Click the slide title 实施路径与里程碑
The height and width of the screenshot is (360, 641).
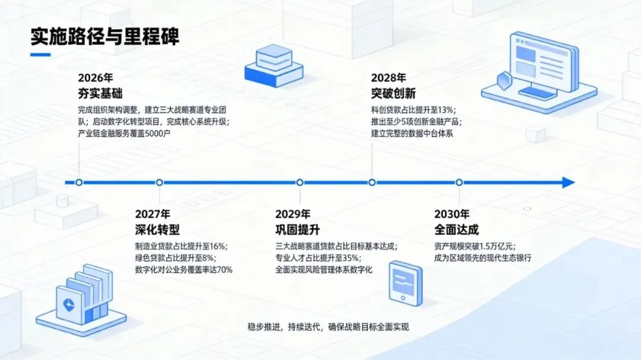105,36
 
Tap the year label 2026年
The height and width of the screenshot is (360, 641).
95,78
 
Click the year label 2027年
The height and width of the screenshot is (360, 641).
153,214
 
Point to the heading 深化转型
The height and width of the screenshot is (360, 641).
157,230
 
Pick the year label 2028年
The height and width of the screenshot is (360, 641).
389,78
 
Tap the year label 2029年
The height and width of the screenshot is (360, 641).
293,214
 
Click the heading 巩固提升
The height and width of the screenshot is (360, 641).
297,230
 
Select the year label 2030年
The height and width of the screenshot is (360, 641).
452,214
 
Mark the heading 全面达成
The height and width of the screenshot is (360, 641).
456,230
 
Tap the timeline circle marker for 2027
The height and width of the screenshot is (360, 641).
160,183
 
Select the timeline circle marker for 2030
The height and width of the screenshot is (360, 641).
459,183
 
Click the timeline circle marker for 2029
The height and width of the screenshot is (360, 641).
300,183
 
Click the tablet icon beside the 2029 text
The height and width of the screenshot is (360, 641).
405,283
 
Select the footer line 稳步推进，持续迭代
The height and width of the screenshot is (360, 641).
328,327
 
